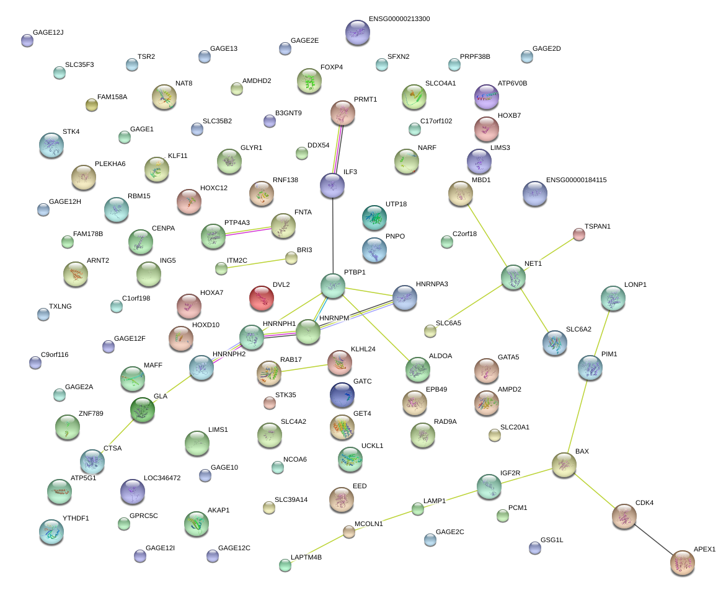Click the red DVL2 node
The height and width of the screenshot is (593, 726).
tap(261, 299)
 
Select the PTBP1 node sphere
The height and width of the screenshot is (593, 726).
tap(333, 285)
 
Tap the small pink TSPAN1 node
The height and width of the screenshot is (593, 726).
tap(578, 234)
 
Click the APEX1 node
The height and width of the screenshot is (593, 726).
tap(683, 563)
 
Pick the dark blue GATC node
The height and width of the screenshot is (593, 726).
tap(342, 395)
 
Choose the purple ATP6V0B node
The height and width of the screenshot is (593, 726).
tap(486, 95)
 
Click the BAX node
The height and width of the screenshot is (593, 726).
tap(564, 465)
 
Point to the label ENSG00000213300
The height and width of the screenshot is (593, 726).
tap(399, 19)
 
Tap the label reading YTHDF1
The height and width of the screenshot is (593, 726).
tap(76, 518)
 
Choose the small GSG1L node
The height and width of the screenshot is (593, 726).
tap(535, 547)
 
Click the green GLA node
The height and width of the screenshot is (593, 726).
tap(143, 410)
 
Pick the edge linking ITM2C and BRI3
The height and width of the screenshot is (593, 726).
tap(256, 263)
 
